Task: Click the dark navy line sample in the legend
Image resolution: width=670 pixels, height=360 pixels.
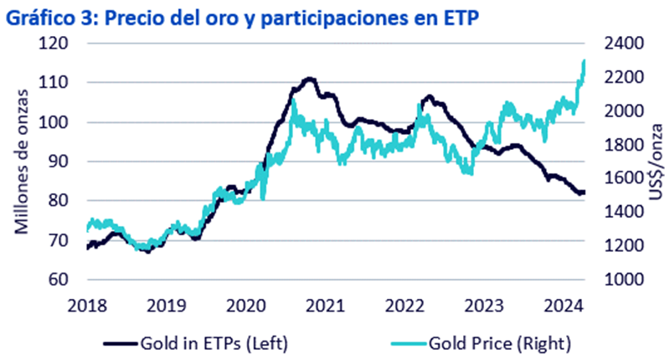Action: tap(123, 342)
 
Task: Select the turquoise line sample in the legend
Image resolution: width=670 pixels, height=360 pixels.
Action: tap(390, 342)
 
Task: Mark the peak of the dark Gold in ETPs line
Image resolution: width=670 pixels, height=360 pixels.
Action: tap(309, 79)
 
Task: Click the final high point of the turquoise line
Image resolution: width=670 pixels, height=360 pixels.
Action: tap(583, 61)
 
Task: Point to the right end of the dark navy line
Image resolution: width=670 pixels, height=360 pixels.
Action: tap(584, 193)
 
